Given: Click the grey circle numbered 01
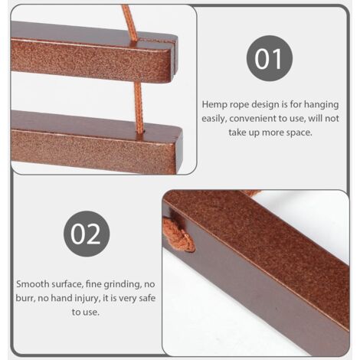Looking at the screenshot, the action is [x=270, y=58].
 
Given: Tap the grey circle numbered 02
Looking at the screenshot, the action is [x=87, y=234].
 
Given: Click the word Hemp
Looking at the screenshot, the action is [x=213, y=105].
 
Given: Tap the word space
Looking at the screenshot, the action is [x=299, y=133].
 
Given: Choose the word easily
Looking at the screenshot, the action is [x=214, y=119].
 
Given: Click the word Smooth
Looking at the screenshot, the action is [x=33, y=284].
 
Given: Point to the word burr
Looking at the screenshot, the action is [x=25, y=298].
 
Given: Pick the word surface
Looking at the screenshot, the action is [x=66, y=284].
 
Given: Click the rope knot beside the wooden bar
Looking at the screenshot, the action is [x=178, y=234].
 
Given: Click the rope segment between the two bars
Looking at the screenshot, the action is [x=139, y=107].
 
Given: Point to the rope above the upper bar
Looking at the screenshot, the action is [x=128, y=21].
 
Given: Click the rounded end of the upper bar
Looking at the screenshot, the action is [x=174, y=57].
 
